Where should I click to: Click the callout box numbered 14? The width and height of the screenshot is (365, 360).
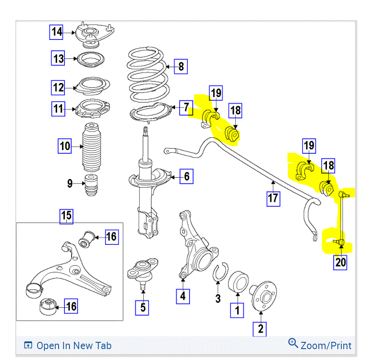click(57, 32)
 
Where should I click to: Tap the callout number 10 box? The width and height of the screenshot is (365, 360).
click(65, 146)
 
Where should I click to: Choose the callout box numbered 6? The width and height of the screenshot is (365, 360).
click(186, 176)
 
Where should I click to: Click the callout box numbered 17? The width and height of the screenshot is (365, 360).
click(273, 198)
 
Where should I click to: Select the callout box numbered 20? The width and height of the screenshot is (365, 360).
click(341, 263)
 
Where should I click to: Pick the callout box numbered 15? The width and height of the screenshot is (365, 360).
click(67, 216)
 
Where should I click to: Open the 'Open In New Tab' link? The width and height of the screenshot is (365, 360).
click(68, 345)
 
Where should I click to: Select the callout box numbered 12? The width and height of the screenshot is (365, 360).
click(58, 87)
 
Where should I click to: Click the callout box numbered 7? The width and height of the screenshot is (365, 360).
click(186, 107)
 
